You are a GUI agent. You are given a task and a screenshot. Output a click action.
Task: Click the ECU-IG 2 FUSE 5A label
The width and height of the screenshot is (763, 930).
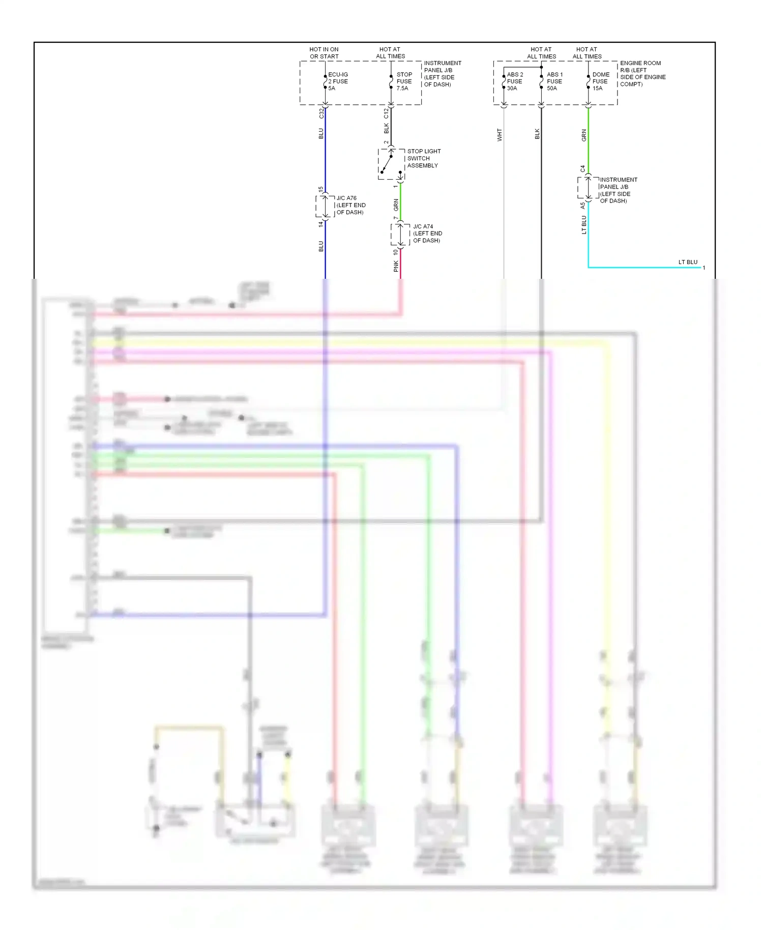[338, 81]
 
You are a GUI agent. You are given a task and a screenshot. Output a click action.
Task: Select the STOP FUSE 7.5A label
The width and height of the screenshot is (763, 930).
[404, 81]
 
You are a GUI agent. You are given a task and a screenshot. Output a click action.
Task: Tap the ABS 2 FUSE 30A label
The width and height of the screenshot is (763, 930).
[514, 81]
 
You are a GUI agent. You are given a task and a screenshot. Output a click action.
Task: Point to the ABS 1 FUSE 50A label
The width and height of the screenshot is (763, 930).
[554, 81]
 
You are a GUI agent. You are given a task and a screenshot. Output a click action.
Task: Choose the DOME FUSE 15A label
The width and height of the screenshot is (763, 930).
[600, 81]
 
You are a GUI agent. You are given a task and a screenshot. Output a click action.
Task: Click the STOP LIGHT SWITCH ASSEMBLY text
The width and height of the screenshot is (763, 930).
[423, 158]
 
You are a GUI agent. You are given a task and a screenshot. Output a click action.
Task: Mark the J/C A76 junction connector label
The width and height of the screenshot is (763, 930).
[350, 205]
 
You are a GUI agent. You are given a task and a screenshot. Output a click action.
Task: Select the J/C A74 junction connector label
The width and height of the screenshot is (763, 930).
[427, 234]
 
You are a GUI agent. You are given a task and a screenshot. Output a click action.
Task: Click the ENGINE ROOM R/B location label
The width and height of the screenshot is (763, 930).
[642, 74]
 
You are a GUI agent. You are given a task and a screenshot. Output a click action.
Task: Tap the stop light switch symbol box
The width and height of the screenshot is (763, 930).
[391, 164]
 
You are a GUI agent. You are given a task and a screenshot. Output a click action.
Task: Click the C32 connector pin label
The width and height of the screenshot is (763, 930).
[321, 113]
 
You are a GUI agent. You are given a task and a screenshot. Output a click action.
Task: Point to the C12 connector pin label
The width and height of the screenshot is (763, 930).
[386, 113]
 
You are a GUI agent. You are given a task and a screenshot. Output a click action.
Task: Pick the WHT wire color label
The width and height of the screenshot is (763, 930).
[500, 134]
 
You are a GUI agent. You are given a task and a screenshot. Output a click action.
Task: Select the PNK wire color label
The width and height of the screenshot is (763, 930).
[396, 267]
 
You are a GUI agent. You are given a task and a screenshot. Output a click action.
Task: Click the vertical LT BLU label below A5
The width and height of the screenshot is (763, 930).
[584, 225]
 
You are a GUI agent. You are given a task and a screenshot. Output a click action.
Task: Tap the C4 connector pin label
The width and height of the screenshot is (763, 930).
[583, 169]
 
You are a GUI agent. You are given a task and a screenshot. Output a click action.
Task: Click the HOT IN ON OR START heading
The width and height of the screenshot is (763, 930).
[324, 53]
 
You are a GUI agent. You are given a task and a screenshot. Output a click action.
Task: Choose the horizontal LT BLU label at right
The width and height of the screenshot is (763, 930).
[688, 262]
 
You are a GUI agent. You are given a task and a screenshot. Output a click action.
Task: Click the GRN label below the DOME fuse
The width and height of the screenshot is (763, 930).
[584, 135]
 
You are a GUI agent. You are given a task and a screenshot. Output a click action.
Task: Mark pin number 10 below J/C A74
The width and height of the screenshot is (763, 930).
[395, 252]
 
